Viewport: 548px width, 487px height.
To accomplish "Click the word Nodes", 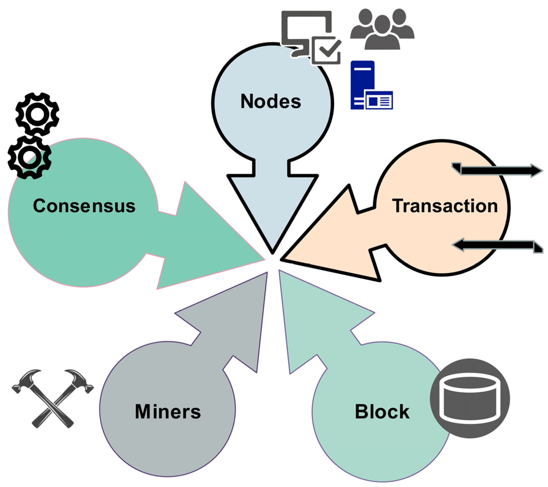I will pyautogui.click(x=271, y=102).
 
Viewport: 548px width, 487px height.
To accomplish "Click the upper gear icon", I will pyautogui.click(x=37, y=114).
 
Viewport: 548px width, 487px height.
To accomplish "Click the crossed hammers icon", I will pyautogui.click(x=53, y=398).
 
